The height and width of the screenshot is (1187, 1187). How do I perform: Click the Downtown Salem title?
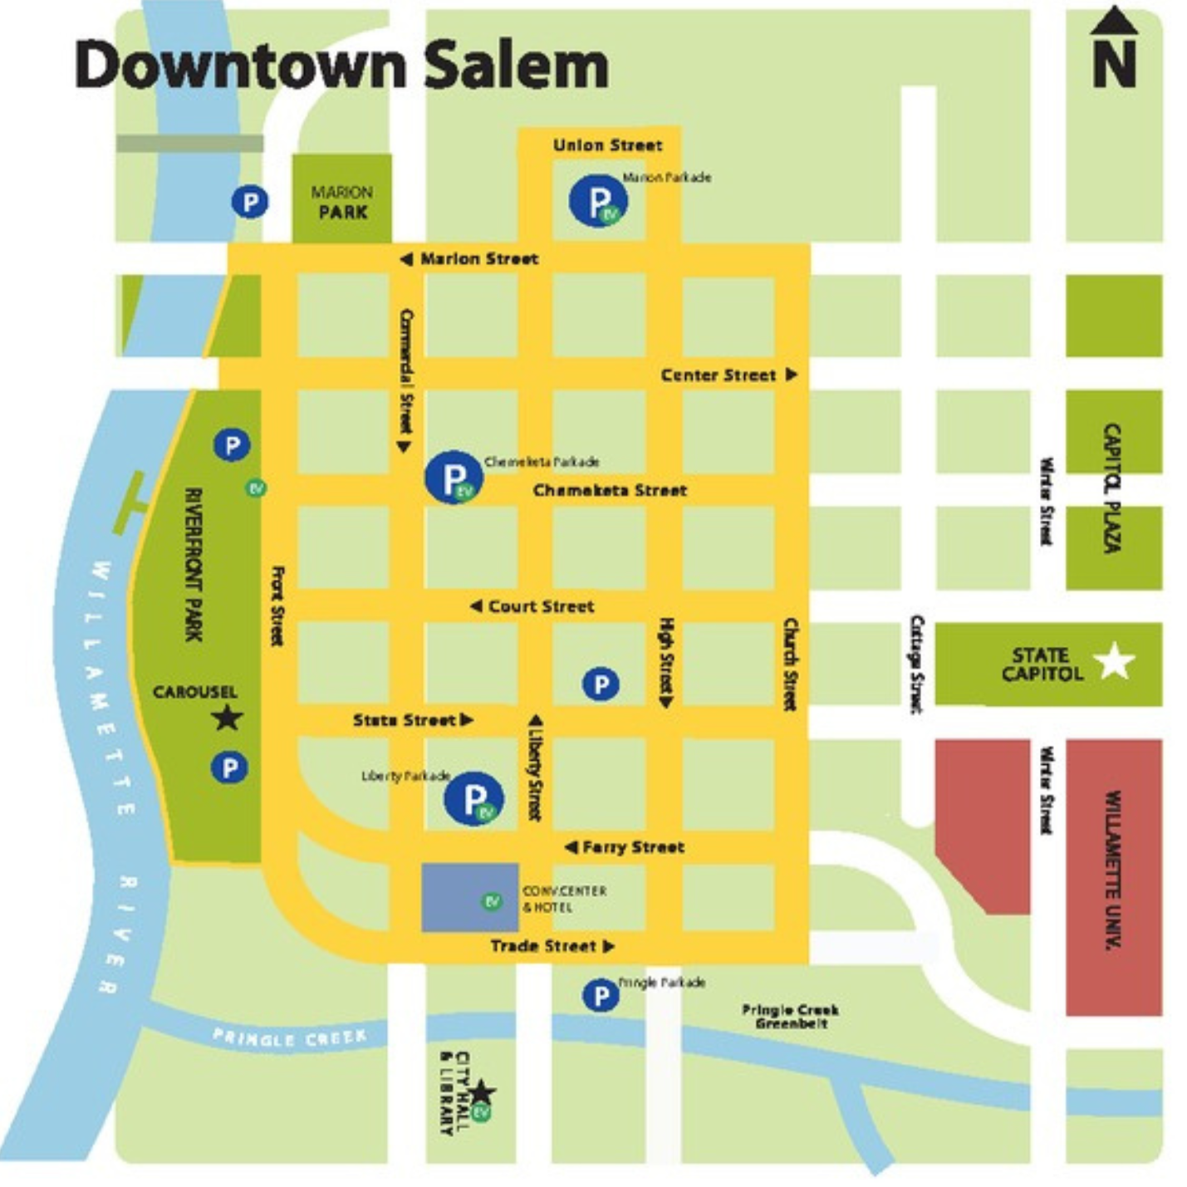point(341,65)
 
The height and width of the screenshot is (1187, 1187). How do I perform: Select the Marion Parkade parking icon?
point(598,200)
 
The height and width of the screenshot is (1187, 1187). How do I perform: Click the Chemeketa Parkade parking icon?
point(454,478)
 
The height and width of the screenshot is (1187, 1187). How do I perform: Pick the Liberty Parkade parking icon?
point(473,798)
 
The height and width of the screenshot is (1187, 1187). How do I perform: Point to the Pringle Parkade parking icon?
point(600,994)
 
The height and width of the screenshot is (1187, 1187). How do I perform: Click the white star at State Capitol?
point(1114,662)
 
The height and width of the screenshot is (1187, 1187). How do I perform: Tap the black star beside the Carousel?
point(227,718)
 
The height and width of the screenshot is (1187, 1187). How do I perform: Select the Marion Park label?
point(342,202)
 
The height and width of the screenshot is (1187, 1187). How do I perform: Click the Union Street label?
point(607,145)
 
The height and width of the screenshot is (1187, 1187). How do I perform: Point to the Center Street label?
point(719,375)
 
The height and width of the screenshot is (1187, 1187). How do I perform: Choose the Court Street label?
point(541,606)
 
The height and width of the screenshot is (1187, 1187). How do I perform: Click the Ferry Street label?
point(633,847)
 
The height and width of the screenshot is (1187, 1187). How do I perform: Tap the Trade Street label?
point(543,946)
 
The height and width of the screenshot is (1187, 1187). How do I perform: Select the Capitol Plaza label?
point(1112,488)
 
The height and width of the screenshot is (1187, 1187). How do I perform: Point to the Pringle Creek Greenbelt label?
point(790,1016)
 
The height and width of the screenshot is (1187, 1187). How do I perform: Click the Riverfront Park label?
point(194,564)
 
